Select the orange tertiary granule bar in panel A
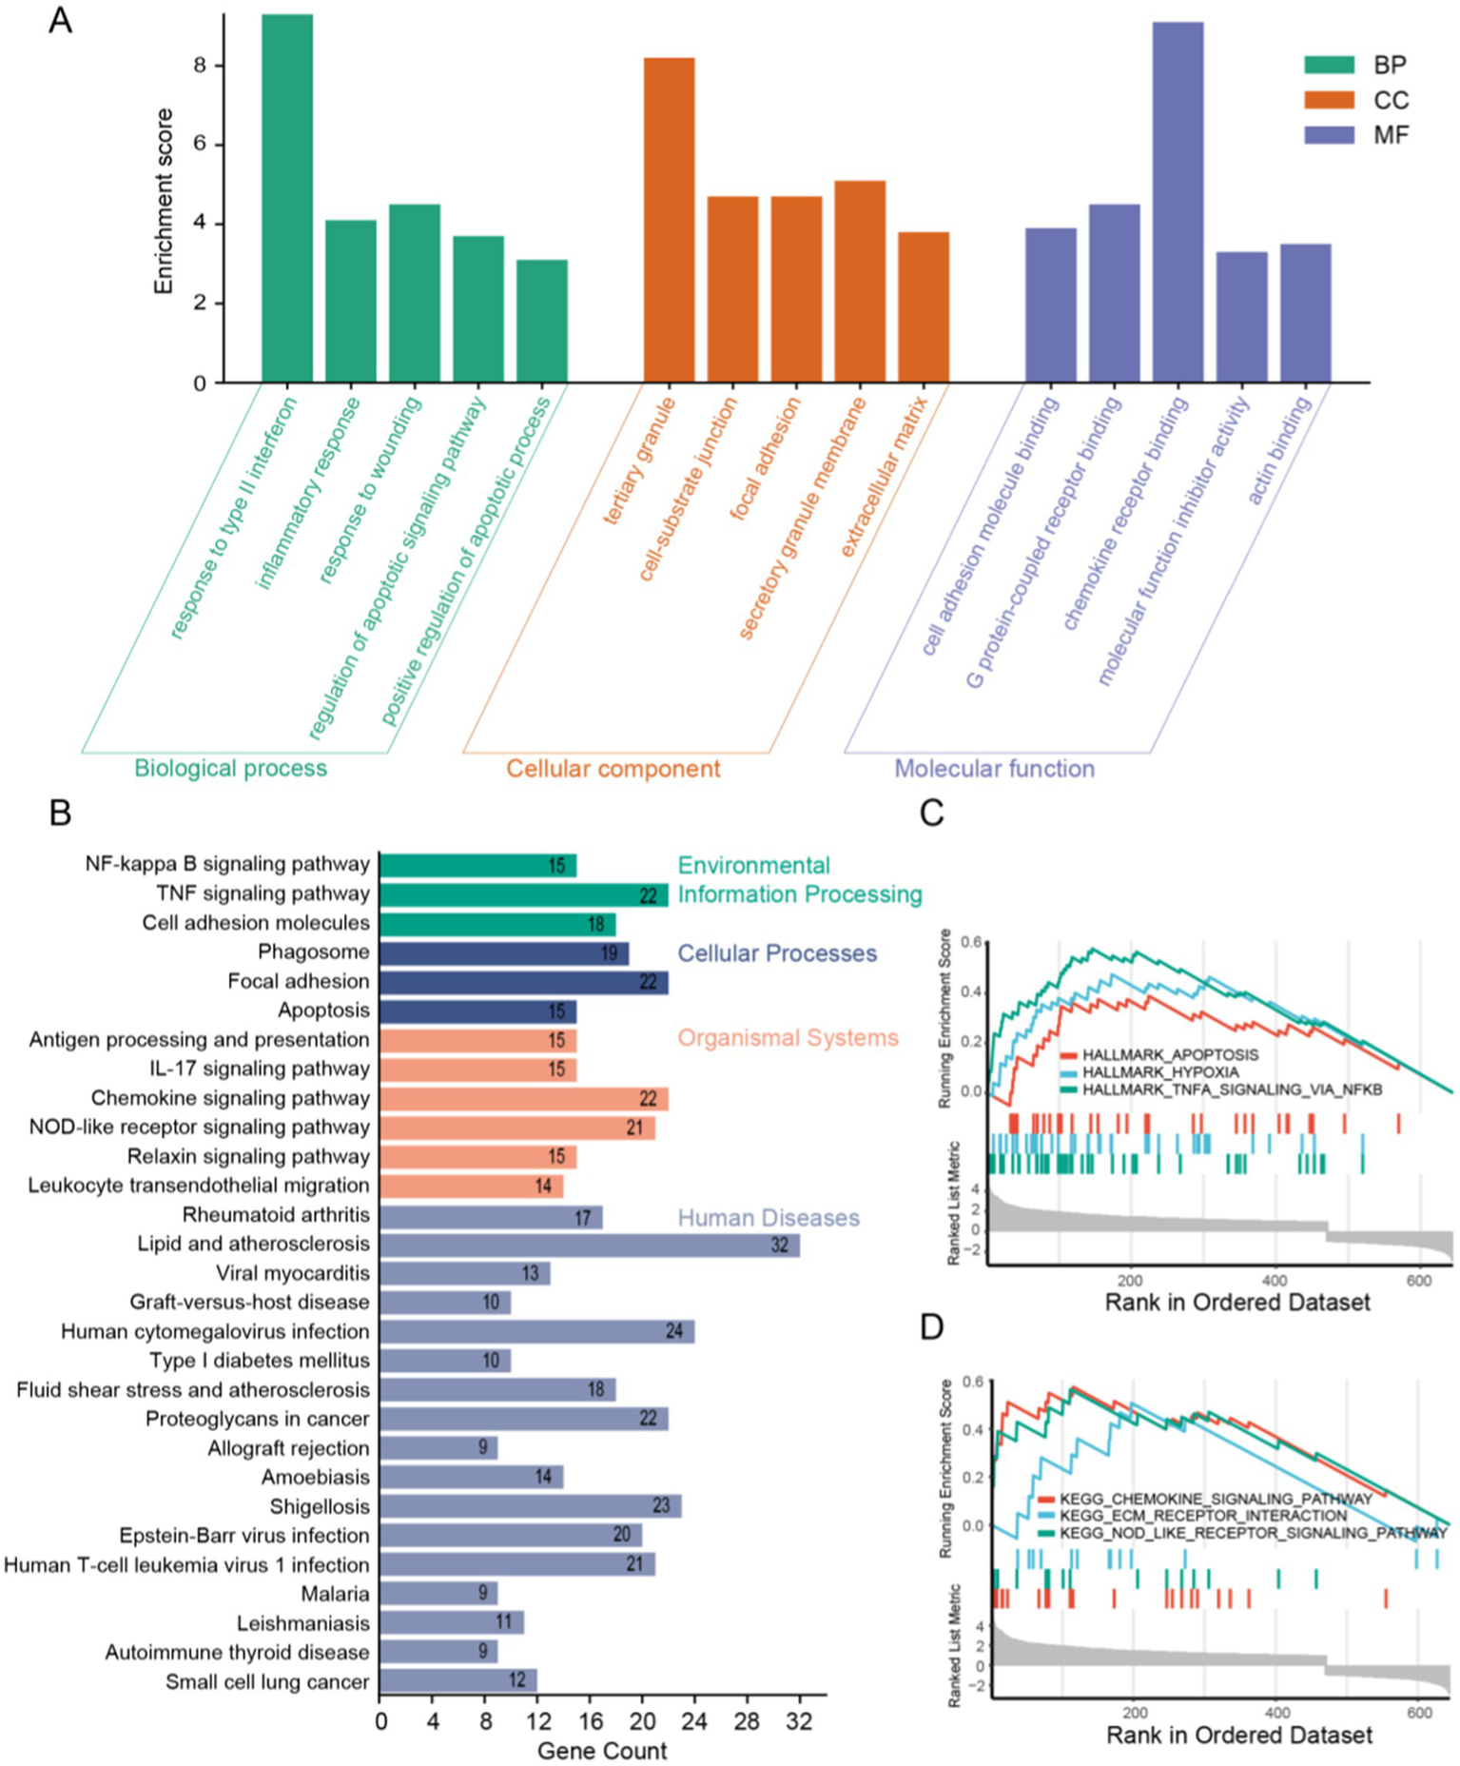click(669, 220)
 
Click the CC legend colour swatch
click(1329, 100)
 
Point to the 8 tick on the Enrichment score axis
click(200, 66)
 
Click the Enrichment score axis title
click(164, 201)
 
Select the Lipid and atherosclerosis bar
click(589, 1245)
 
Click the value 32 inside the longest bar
click(779, 1245)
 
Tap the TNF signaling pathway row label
click(263, 893)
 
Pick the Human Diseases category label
click(769, 1218)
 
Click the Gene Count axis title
click(602, 1751)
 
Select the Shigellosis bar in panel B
click(530, 1506)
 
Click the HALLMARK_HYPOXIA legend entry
click(1160, 1072)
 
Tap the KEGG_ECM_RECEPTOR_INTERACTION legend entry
click(1203, 1516)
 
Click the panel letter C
click(932, 814)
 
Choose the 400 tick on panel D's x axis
click(1276, 1712)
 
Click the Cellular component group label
click(613, 769)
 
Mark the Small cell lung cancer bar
click(457, 1681)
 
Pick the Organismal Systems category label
click(788, 1038)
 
